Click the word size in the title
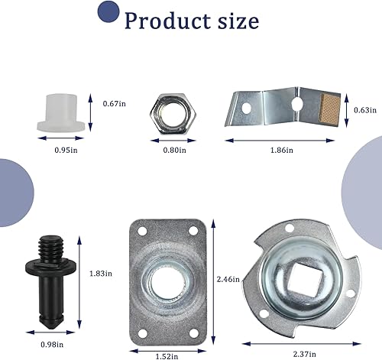pyautogui.click(x=235, y=20)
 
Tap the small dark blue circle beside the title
pyautogui.click(x=108, y=11)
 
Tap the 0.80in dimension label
pyautogui.click(x=174, y=151)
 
